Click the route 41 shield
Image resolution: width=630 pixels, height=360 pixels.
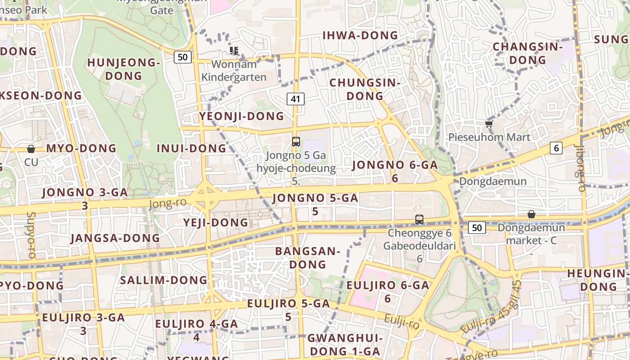coord(296,99)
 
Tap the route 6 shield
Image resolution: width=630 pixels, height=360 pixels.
coord(557,148)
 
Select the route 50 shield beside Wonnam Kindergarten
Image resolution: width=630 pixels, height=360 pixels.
coord(182,57)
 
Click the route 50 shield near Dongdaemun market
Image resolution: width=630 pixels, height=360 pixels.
coord(477,228)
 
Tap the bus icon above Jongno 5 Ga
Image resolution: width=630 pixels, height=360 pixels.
coord(296,142)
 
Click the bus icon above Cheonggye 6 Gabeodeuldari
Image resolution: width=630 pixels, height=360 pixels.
coord(419,220)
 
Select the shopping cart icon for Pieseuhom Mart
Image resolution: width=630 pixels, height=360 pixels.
coord(489,124)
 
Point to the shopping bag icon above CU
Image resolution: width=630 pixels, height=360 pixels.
coord(31,149)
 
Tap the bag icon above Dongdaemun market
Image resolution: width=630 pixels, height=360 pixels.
coord(531,214)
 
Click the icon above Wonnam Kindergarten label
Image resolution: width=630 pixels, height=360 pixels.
coord(234,50)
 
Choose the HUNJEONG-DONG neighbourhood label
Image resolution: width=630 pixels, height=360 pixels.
coord(124,69)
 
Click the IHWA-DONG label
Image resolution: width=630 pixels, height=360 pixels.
coord(360,35)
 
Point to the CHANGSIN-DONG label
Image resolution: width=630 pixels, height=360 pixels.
coord(528,53)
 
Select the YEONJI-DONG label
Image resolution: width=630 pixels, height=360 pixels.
coord(242,116)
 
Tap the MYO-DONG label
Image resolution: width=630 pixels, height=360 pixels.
coord(81,148)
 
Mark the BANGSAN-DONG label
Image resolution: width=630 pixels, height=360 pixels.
coord(308,257)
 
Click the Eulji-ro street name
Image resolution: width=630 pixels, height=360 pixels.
coord(401,322)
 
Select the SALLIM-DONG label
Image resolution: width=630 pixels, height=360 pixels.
coord(163,280)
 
